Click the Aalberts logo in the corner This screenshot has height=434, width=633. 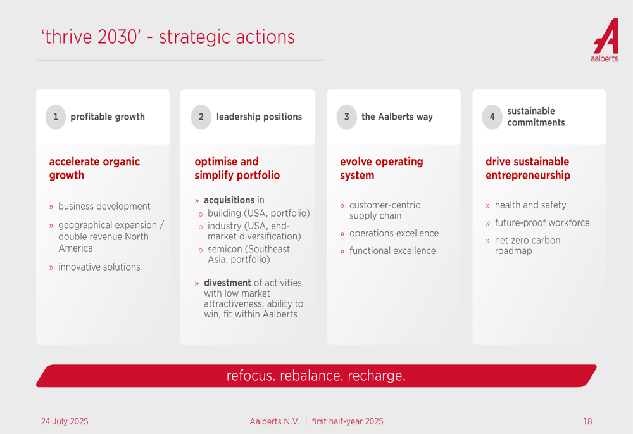pyautogui.click(x=605, y=40)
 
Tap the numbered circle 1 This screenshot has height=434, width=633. pyautogui.click(x=56, y=117)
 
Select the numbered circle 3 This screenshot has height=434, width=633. pyautogui.click(x=346, y=117)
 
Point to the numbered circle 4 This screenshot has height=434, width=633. pyautogui.click(x=492, y=117)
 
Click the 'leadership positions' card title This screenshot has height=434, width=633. pyautogui.click(x=259, y=117)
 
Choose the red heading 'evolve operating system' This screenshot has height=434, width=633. pyautogui.click(x=382, y=168)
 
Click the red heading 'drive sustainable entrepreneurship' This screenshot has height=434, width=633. pyautogui.click(x=528, y=168)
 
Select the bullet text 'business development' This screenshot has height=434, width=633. pyautogui.click(x=104, y=206)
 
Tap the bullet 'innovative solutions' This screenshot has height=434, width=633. pyautogui.click(x=99, y=267)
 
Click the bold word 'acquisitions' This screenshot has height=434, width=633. pyautogui.click(x=229, y=200)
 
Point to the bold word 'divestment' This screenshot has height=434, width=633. pyautogui.click(x=227, y=283)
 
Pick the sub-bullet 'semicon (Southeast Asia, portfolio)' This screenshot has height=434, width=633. pyautogui.click(x=249, y=254)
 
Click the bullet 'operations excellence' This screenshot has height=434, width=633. pyautogui.click(x=394, y=233)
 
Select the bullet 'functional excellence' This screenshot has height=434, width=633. pyautogui.click(x=392, y=251)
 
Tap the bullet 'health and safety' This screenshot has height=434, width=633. pyautogui.click(x=530, y=205)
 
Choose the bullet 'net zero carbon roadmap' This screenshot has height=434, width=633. pyautogui.click(x=528, y=246)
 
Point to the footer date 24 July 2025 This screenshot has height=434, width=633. pyautogui.click(x=65, y=421)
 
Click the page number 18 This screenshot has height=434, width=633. pyautogui.click(x=587, y=421)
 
